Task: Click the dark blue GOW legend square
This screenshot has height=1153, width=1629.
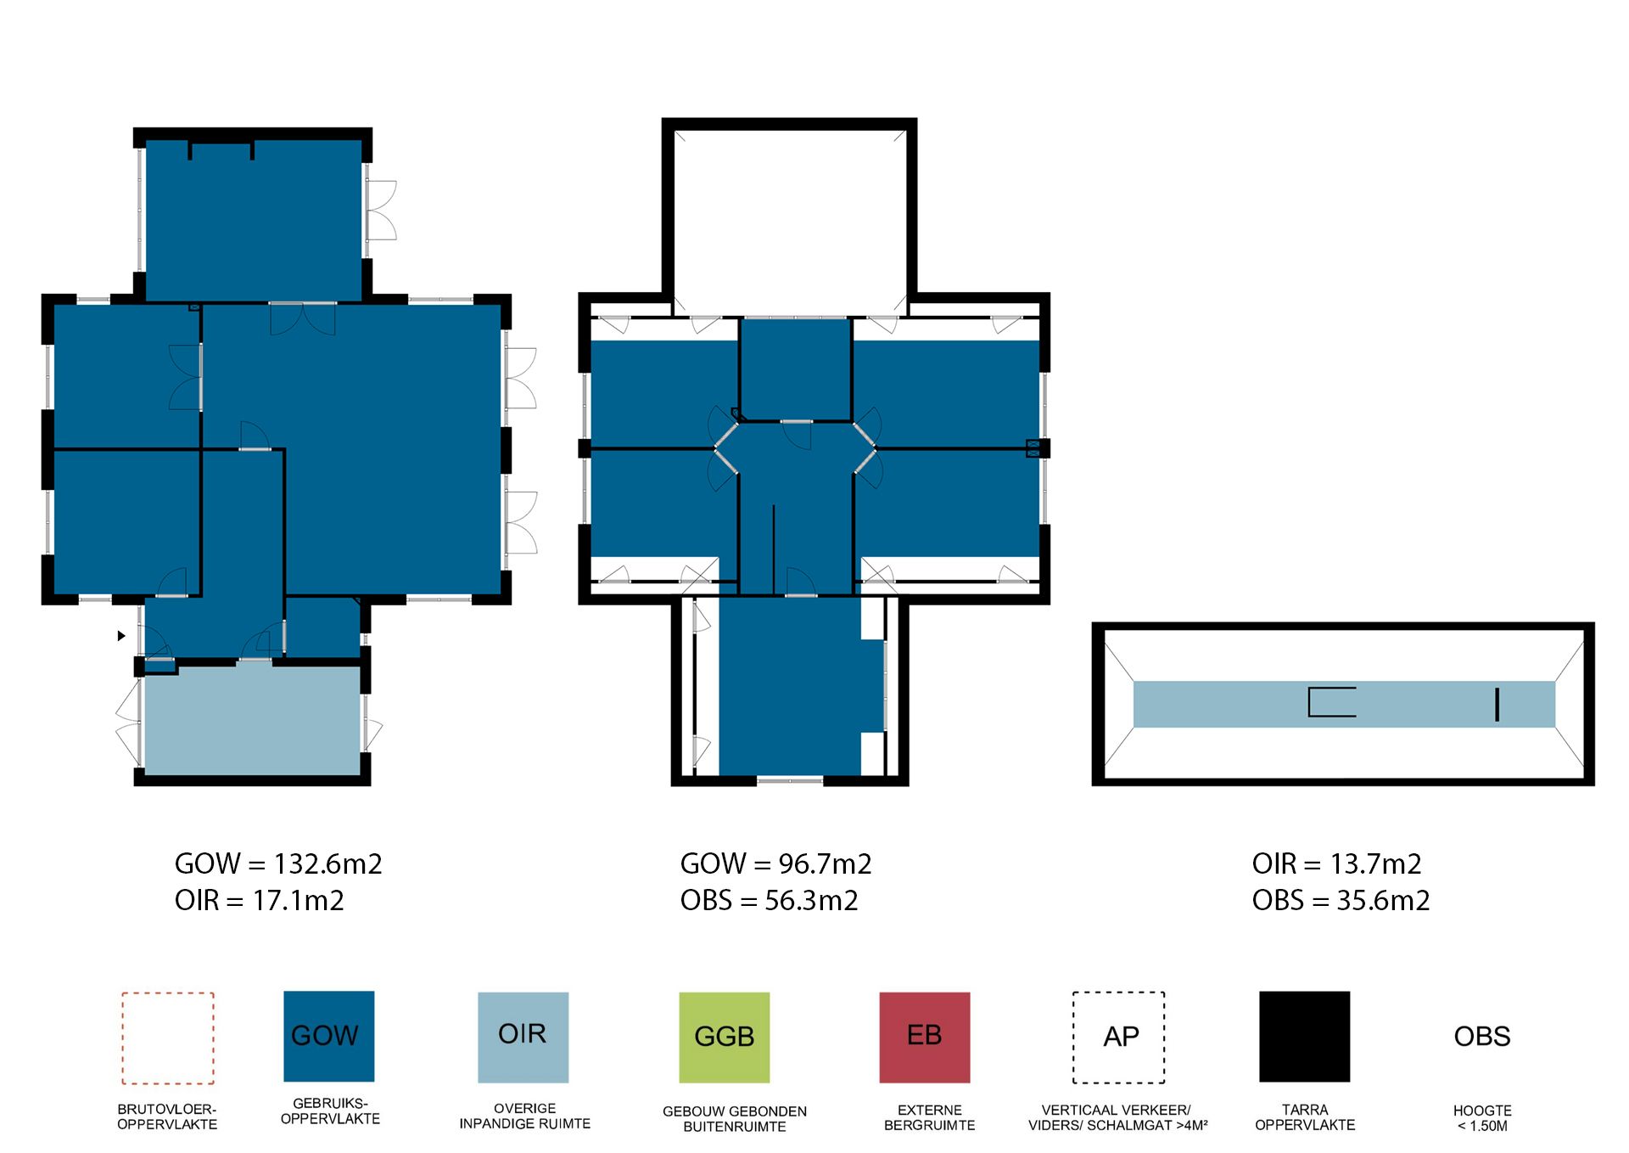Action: (328, 1036)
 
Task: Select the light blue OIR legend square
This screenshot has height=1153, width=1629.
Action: (523, 1037)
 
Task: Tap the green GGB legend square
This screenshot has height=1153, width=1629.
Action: (725, 1037)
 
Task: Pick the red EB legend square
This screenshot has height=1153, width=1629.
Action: (924, 1037)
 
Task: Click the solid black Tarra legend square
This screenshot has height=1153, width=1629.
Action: (1304, 1036)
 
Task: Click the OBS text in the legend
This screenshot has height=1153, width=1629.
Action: (1482, 1036)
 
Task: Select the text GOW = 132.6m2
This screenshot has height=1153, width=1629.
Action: (278, 863)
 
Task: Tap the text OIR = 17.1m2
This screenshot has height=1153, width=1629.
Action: (260, 900)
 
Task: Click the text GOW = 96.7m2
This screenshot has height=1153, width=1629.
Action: (775, 863)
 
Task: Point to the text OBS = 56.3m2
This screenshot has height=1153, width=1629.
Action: (769, 900)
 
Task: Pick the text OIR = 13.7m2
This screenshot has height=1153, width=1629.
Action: (1336, 863)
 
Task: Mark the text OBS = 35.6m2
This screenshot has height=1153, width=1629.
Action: (1341, 900)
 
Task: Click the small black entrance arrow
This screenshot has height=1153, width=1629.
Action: (121, 635)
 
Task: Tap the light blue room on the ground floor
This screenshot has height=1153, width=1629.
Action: (253, 720)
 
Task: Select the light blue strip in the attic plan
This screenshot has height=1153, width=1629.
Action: (1344, 704)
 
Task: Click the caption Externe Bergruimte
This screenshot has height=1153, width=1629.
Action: (929, 1117)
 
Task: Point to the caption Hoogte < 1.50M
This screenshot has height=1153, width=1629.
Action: (1482, 1118)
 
